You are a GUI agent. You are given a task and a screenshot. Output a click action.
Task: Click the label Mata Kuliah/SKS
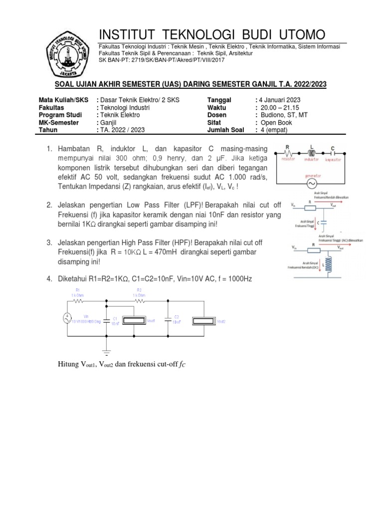pyautogui.click(x=63, y=100)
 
